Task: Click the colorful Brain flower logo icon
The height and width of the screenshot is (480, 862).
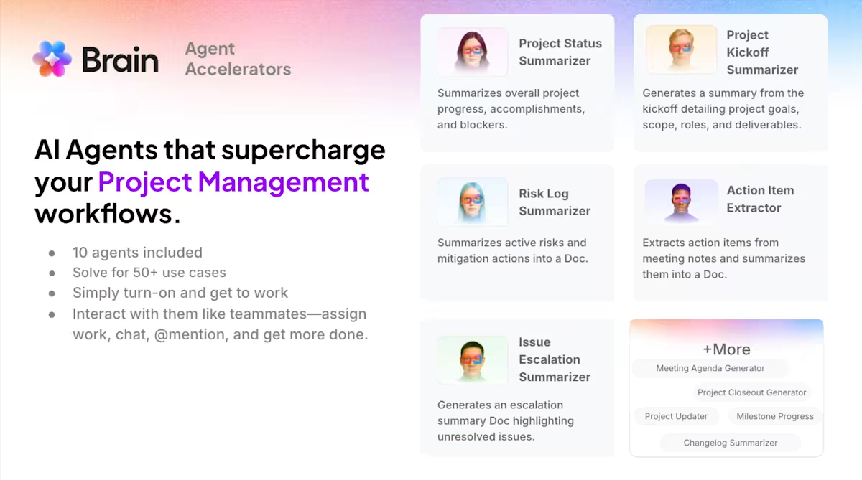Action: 52,59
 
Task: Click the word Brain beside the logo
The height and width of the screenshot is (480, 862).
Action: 120,60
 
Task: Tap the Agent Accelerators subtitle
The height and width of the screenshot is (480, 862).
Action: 238,59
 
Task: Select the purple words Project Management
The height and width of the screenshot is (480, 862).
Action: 233,182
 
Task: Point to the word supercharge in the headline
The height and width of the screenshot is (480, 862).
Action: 303,150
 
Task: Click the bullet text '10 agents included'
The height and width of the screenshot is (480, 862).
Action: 137,253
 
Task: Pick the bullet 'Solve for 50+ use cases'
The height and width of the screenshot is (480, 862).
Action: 149,273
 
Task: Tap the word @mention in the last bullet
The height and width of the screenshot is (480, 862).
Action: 191,335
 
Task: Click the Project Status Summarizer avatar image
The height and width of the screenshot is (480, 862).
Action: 472,52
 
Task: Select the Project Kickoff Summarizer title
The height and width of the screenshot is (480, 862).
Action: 762,52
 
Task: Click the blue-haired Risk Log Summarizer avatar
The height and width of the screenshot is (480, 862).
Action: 472,202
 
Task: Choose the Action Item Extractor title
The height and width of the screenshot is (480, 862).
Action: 760,199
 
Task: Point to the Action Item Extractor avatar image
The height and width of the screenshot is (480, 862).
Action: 681,201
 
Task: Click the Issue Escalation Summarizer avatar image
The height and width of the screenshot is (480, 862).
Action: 472,360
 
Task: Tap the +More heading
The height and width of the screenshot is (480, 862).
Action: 726,349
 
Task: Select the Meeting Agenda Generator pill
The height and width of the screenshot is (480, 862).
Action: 710,368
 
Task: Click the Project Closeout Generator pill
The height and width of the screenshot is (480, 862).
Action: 751,392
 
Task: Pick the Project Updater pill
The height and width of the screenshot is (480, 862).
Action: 676,416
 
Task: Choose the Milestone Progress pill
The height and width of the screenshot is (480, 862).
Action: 774,416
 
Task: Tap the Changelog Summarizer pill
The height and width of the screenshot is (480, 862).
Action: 731,443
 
